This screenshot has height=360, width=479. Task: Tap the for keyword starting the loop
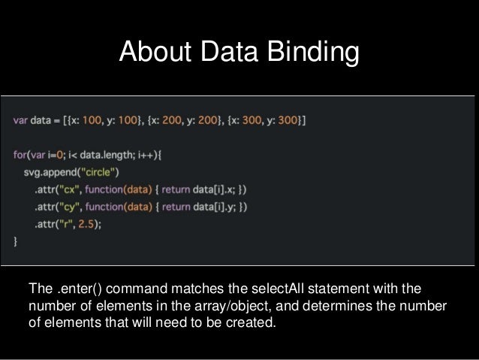(x=20, y=156)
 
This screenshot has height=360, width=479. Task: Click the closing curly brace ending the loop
(x=16, y=241)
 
